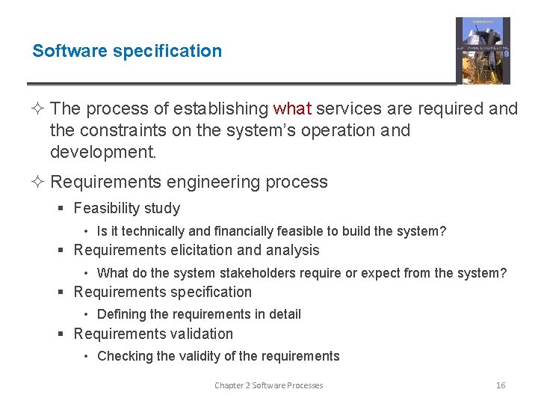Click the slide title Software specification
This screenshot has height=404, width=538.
click(127, 51)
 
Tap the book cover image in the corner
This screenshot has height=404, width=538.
click(483, 51)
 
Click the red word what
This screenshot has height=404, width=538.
click(292, 109)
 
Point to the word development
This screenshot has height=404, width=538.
click(103, 153)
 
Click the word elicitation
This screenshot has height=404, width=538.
click(186, 251)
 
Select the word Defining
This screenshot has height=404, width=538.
click(122, 315)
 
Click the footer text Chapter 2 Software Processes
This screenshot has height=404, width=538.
click(269, 385)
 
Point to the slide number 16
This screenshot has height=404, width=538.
click(501, 385)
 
